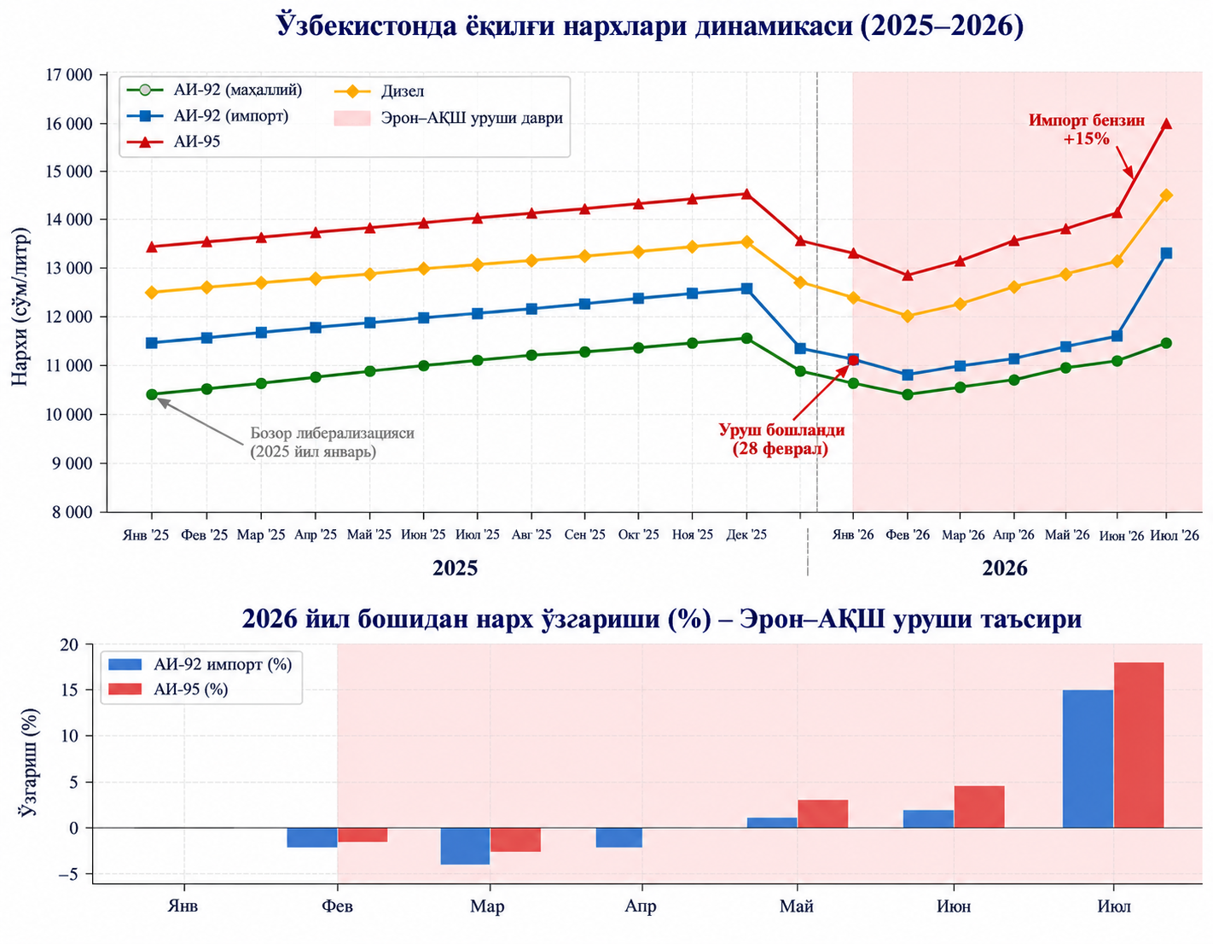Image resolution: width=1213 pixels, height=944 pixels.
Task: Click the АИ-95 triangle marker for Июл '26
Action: click(x=1165, y=124)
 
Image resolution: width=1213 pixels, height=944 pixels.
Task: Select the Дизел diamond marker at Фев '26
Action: click(x=907, y=316)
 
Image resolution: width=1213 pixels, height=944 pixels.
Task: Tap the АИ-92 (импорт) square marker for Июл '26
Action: click(x=1165, y=253)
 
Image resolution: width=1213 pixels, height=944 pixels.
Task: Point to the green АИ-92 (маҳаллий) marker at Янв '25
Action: click(x=151, y=394)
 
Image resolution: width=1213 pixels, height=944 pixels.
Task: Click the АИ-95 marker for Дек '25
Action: click(x=746, y=194)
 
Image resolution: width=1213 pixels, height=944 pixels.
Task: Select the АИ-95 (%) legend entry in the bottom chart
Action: click(x=168, y=690)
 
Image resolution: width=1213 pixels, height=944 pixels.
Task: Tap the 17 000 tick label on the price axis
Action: click(x=68, y=75)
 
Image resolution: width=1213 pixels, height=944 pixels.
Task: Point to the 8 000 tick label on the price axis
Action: click(x=72, y=512)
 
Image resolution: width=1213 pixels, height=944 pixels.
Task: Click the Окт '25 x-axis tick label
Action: click(x=639, y=534)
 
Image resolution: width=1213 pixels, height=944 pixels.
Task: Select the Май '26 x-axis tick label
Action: click(x=1067, y=535)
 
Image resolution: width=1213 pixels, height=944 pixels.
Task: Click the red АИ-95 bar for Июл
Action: click(x=1139, y=744)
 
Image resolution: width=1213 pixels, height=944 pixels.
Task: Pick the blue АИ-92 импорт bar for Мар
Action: click(x=465, y=846)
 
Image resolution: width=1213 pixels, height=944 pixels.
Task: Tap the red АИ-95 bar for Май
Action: click(x=823, y=813)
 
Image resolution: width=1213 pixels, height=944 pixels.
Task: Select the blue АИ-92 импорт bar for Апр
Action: click(x=619, y=837)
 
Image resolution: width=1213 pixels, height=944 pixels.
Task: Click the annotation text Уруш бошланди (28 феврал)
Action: click(x=781, y=439)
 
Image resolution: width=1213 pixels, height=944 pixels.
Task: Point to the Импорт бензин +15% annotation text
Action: click(x=1086, y=129)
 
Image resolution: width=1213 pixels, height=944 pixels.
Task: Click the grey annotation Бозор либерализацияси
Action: click(x=332, y=433)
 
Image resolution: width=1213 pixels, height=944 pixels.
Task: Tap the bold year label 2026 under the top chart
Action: click(x=1005, y=568)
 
